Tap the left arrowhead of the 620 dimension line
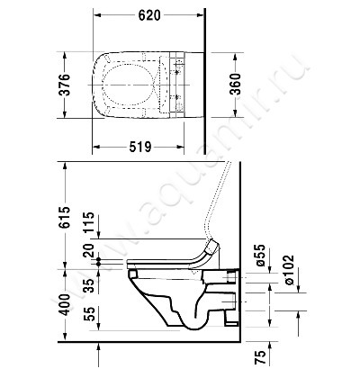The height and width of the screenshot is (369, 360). coord(98,15)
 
